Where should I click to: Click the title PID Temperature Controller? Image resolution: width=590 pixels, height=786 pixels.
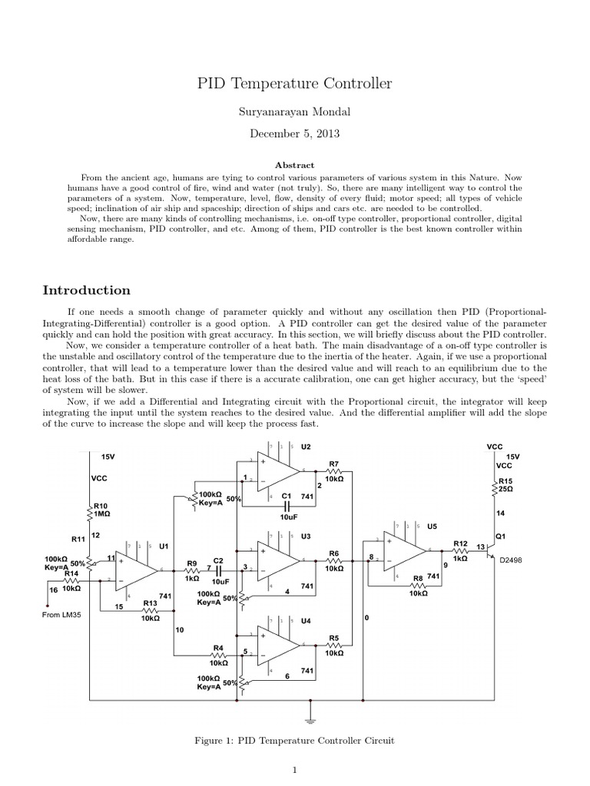tap(295, 82)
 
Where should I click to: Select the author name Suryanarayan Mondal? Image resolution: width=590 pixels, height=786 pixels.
tap(295, 112)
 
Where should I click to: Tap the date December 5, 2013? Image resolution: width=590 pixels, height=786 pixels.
tap(295, 133)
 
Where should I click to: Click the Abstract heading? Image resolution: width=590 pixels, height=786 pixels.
tap(295, 164)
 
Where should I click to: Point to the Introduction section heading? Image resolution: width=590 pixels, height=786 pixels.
tap(86, 290)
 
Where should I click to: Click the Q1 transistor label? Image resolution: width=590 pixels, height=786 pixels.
tap(501, 535)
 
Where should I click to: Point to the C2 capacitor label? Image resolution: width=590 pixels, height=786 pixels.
tap(218, 561)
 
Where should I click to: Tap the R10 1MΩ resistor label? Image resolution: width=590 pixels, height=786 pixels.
tap(101, 510)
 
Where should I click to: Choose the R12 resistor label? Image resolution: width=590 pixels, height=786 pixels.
tap(459, 543)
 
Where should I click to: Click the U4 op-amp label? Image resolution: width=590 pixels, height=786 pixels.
tap(306, 620)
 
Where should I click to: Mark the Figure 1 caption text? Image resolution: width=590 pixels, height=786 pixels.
tap(295, 740)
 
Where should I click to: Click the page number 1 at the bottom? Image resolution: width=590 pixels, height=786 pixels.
tap(295, 771)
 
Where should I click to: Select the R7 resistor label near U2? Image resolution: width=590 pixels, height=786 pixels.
tap(333, 464)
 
